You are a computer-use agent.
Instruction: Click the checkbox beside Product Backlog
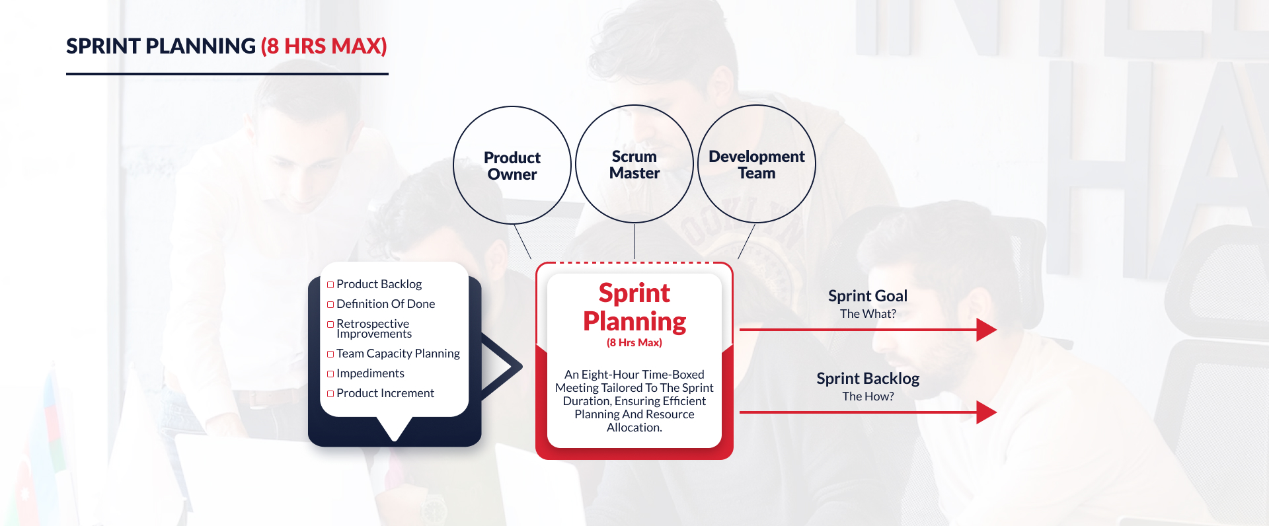(x=330, y=285)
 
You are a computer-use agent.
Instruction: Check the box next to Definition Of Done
(x=330, y=305)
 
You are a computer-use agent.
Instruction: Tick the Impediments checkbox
(x=330, y=374)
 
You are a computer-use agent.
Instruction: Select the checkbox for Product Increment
(x=330, y=394)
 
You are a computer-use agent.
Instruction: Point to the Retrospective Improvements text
(x=374, y=328)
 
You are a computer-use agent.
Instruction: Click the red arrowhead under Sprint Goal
(x=986, y=329)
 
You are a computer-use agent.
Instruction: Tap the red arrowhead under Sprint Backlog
(x=986, y=412)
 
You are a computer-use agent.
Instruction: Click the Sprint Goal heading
(x=868, y=296)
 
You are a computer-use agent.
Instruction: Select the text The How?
(x=868, y=396)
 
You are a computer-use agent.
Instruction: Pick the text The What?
(x=868, y=314)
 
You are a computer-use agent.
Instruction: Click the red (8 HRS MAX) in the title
(x=324, y=46)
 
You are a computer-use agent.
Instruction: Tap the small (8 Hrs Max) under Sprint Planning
(x=634, y=342)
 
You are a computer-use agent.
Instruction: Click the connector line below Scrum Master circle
(x=634, y=241)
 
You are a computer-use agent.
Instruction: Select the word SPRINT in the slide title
(x=103, y=46)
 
